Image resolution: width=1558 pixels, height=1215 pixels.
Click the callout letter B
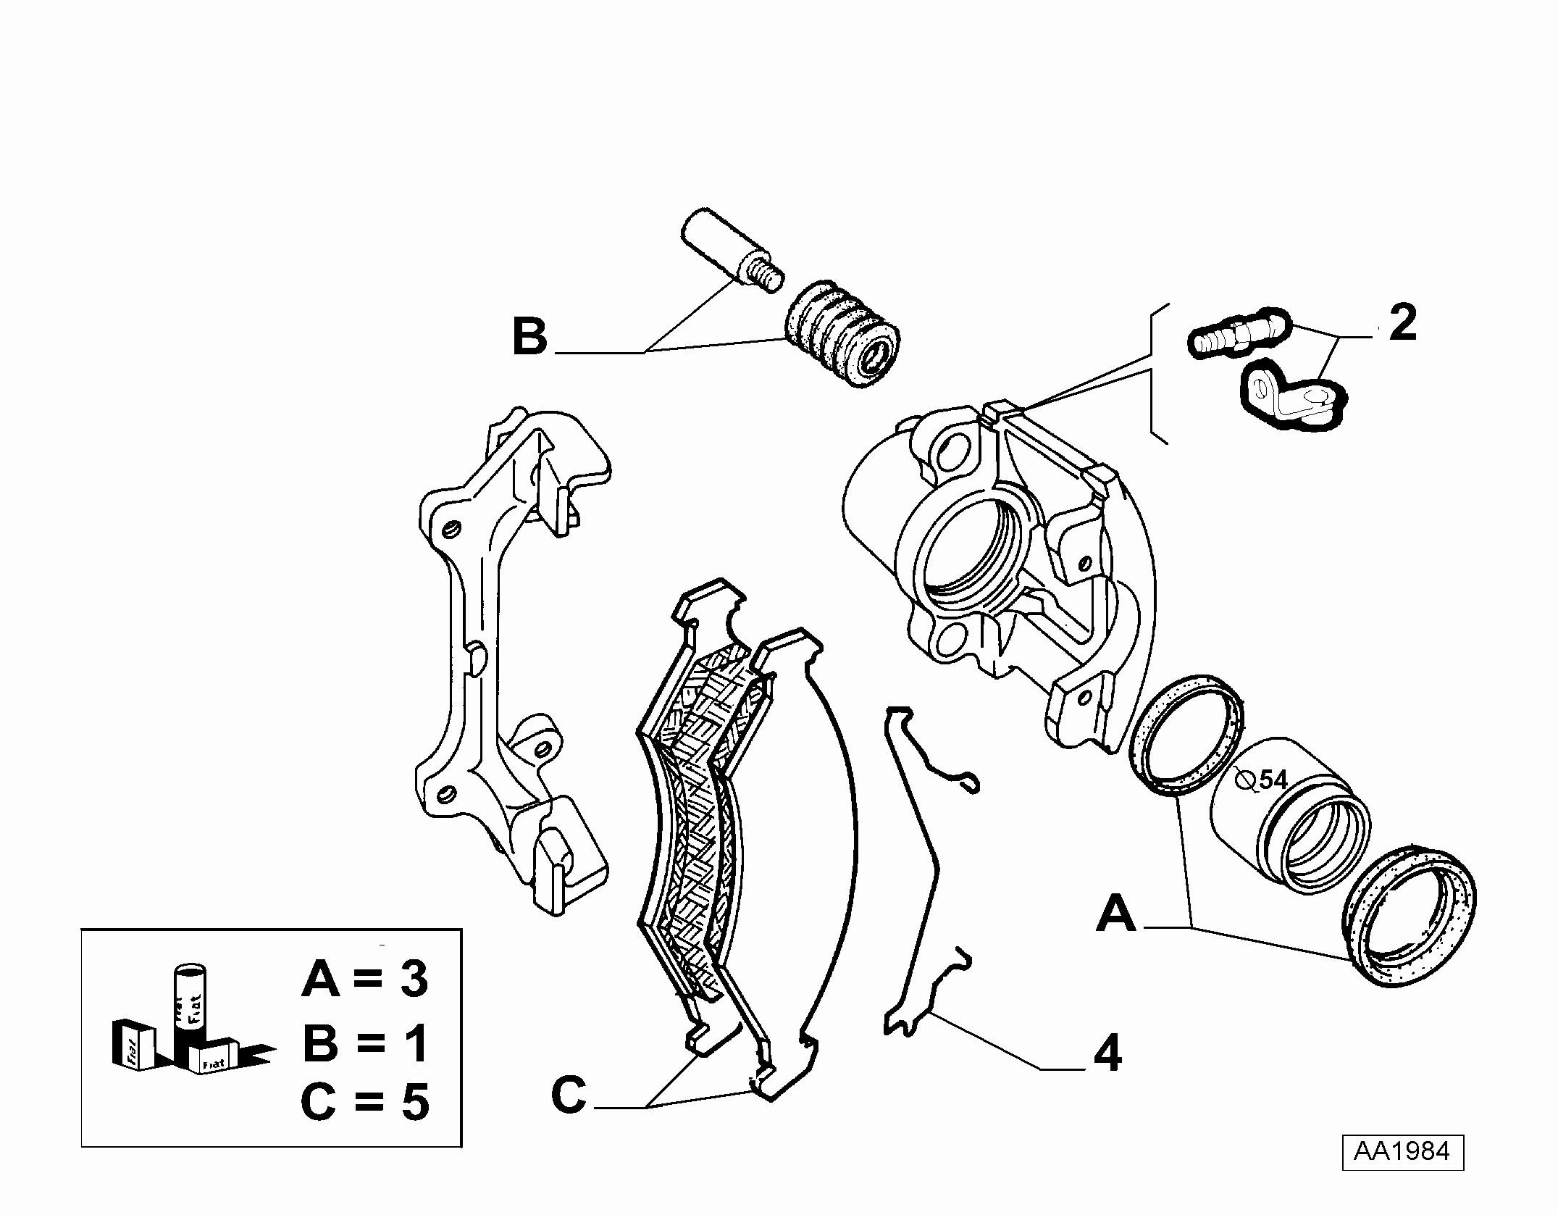click(x=529, y=337)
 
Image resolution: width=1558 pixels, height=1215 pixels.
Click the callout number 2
click(x=1403, y=323)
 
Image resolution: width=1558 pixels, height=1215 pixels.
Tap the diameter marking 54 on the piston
click(x=1273, y=780)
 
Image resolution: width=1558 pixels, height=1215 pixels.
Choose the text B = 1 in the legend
click(x=365, y=1044)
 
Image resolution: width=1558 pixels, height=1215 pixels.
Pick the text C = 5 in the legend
click(x=365, y=1103)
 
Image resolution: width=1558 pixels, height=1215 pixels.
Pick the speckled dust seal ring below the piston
click(x=1409, y=915)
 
